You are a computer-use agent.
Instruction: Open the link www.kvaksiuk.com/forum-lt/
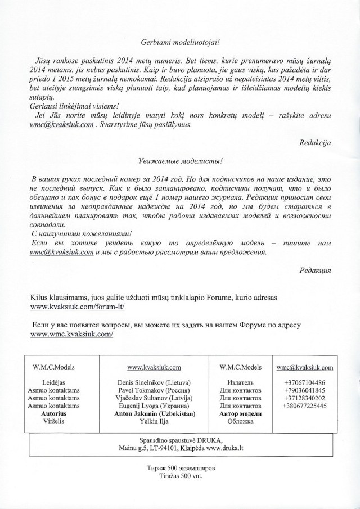76,308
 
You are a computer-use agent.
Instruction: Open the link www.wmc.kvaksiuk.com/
71,334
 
